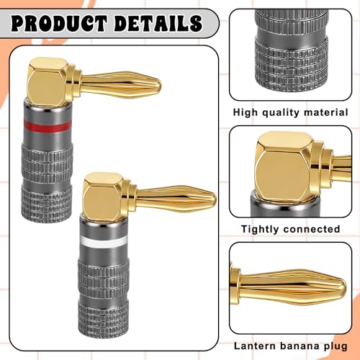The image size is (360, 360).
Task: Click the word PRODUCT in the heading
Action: [x=59, y=23]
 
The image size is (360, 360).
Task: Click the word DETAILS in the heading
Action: [x=158, y=23]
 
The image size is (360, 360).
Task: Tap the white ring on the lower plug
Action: [x=104, y=242]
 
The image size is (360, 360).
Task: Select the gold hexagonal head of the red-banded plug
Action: [x=48, y=81]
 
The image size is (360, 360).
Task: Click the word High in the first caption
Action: [x=245, y=112]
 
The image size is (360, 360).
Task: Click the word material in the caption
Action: [x=325, y=112]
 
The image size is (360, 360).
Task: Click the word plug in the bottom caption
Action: [x=335, y=346]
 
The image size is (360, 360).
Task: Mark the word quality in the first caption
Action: [x=280, y=112]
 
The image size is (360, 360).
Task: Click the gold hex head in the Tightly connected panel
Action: [x=284, y=167]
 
